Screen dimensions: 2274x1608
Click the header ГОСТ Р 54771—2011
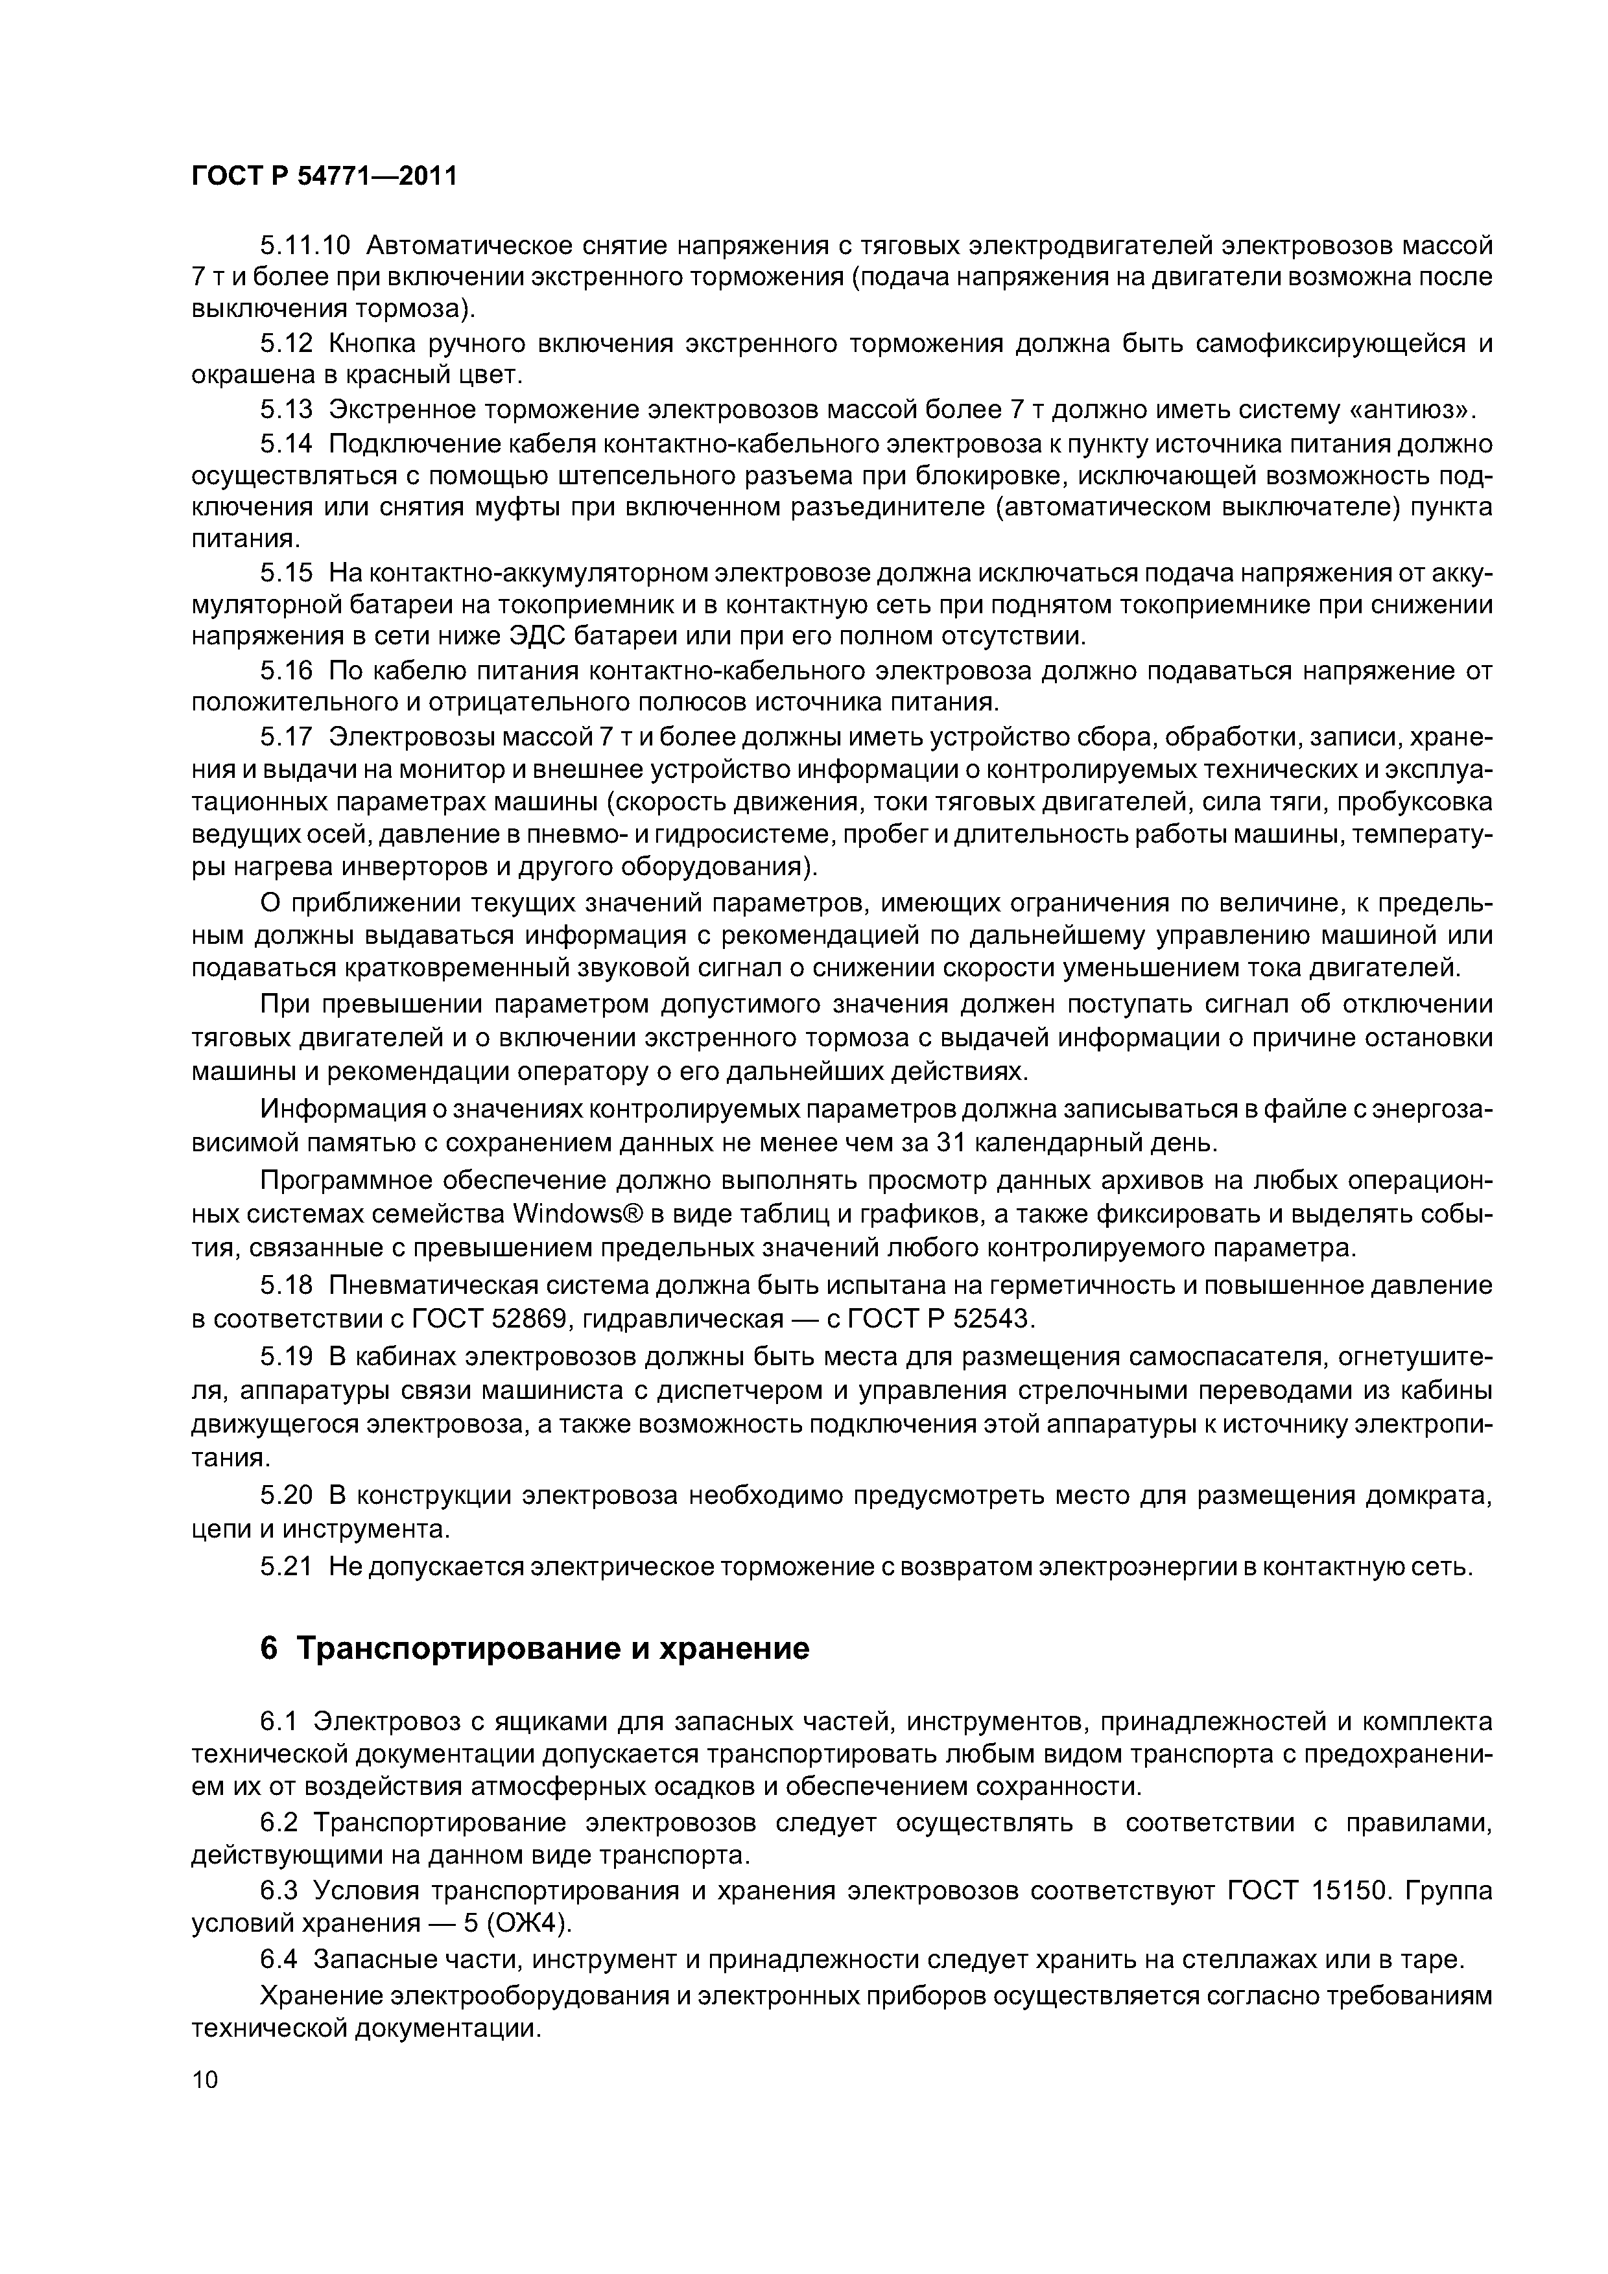pos(324,176)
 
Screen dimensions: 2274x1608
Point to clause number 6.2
pos(279,1822)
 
